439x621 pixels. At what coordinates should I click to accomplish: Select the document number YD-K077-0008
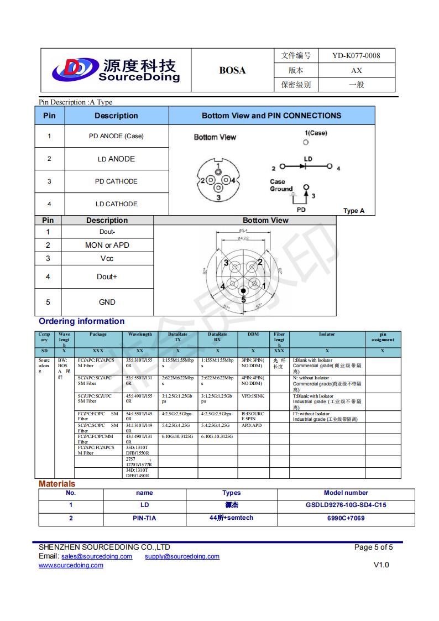point(356,55)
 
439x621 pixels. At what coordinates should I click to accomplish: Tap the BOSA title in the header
point(232,70)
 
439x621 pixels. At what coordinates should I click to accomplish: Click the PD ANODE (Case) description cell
point(116,136)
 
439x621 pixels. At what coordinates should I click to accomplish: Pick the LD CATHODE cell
point(116,204)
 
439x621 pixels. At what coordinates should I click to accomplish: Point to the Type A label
point(354,211)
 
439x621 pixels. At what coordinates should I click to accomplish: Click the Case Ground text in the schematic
point(281,185)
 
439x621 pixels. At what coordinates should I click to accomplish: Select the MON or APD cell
point(107,245)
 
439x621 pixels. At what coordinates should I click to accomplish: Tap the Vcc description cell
point(107,258)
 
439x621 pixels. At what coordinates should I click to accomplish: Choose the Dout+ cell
point(107,276)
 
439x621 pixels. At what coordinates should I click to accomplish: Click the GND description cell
point(107,302)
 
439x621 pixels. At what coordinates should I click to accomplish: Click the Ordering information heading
point(81,321)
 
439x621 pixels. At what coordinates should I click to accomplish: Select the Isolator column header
point(327,335)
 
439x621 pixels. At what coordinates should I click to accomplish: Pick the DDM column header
point(253,335)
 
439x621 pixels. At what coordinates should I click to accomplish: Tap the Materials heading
point(57,484)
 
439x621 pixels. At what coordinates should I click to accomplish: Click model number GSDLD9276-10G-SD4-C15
point(346,505)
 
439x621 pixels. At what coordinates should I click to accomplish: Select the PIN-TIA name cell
point(144,518)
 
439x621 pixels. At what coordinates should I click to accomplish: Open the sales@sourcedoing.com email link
point(97,556)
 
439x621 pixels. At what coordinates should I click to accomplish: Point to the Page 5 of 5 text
point(373,547)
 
